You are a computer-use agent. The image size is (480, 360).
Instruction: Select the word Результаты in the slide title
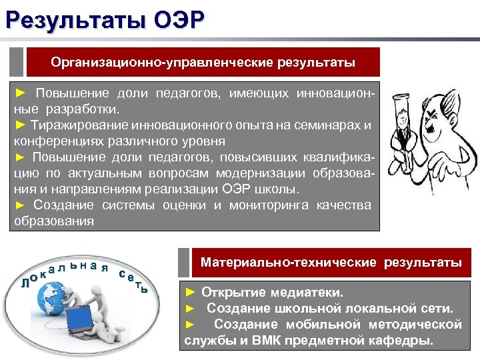point(73,18)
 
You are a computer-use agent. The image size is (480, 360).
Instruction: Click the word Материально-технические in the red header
point(289,263)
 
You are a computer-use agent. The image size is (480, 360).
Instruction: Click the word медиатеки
point(309,293)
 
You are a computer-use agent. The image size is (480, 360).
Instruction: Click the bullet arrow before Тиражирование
point(20,125)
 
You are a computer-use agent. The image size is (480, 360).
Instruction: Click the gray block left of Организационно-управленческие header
point(17,62)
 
